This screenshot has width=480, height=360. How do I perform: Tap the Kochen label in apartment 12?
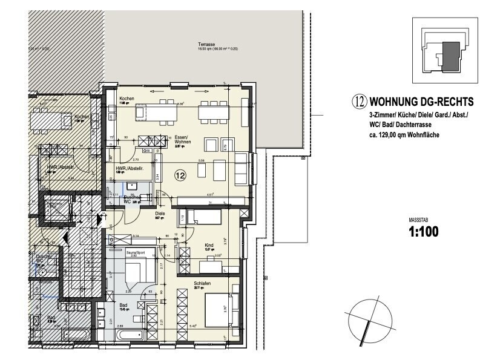(127, 99)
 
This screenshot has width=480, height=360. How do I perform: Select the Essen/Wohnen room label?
(181, 139)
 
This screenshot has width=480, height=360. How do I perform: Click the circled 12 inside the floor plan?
(180, 176)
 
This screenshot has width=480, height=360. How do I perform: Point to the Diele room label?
(143, 213)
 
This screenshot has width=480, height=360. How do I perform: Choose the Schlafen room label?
(202, 283)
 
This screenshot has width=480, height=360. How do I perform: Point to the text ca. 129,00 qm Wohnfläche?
(404, 135)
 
